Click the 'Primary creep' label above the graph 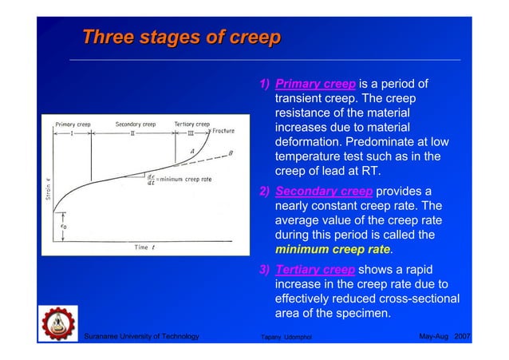74,125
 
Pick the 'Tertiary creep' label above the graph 191,125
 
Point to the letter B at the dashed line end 231,153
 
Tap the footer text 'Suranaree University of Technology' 141,338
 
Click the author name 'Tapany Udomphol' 294,338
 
